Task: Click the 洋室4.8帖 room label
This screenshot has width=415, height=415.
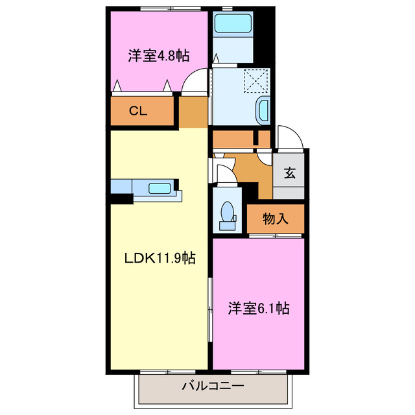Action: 158,56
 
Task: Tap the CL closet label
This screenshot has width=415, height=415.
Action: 137,111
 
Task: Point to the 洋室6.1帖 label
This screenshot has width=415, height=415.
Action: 258,309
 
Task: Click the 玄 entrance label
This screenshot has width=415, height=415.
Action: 289,173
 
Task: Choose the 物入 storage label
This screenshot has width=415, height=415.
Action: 276,219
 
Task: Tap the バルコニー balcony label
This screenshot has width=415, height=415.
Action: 212,387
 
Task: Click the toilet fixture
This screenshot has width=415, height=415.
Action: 228,214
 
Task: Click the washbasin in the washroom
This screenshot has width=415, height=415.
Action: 264,111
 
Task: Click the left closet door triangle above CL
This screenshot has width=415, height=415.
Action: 117,85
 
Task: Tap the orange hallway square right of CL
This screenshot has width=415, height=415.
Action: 193,112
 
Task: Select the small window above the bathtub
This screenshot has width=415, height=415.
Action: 228,8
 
